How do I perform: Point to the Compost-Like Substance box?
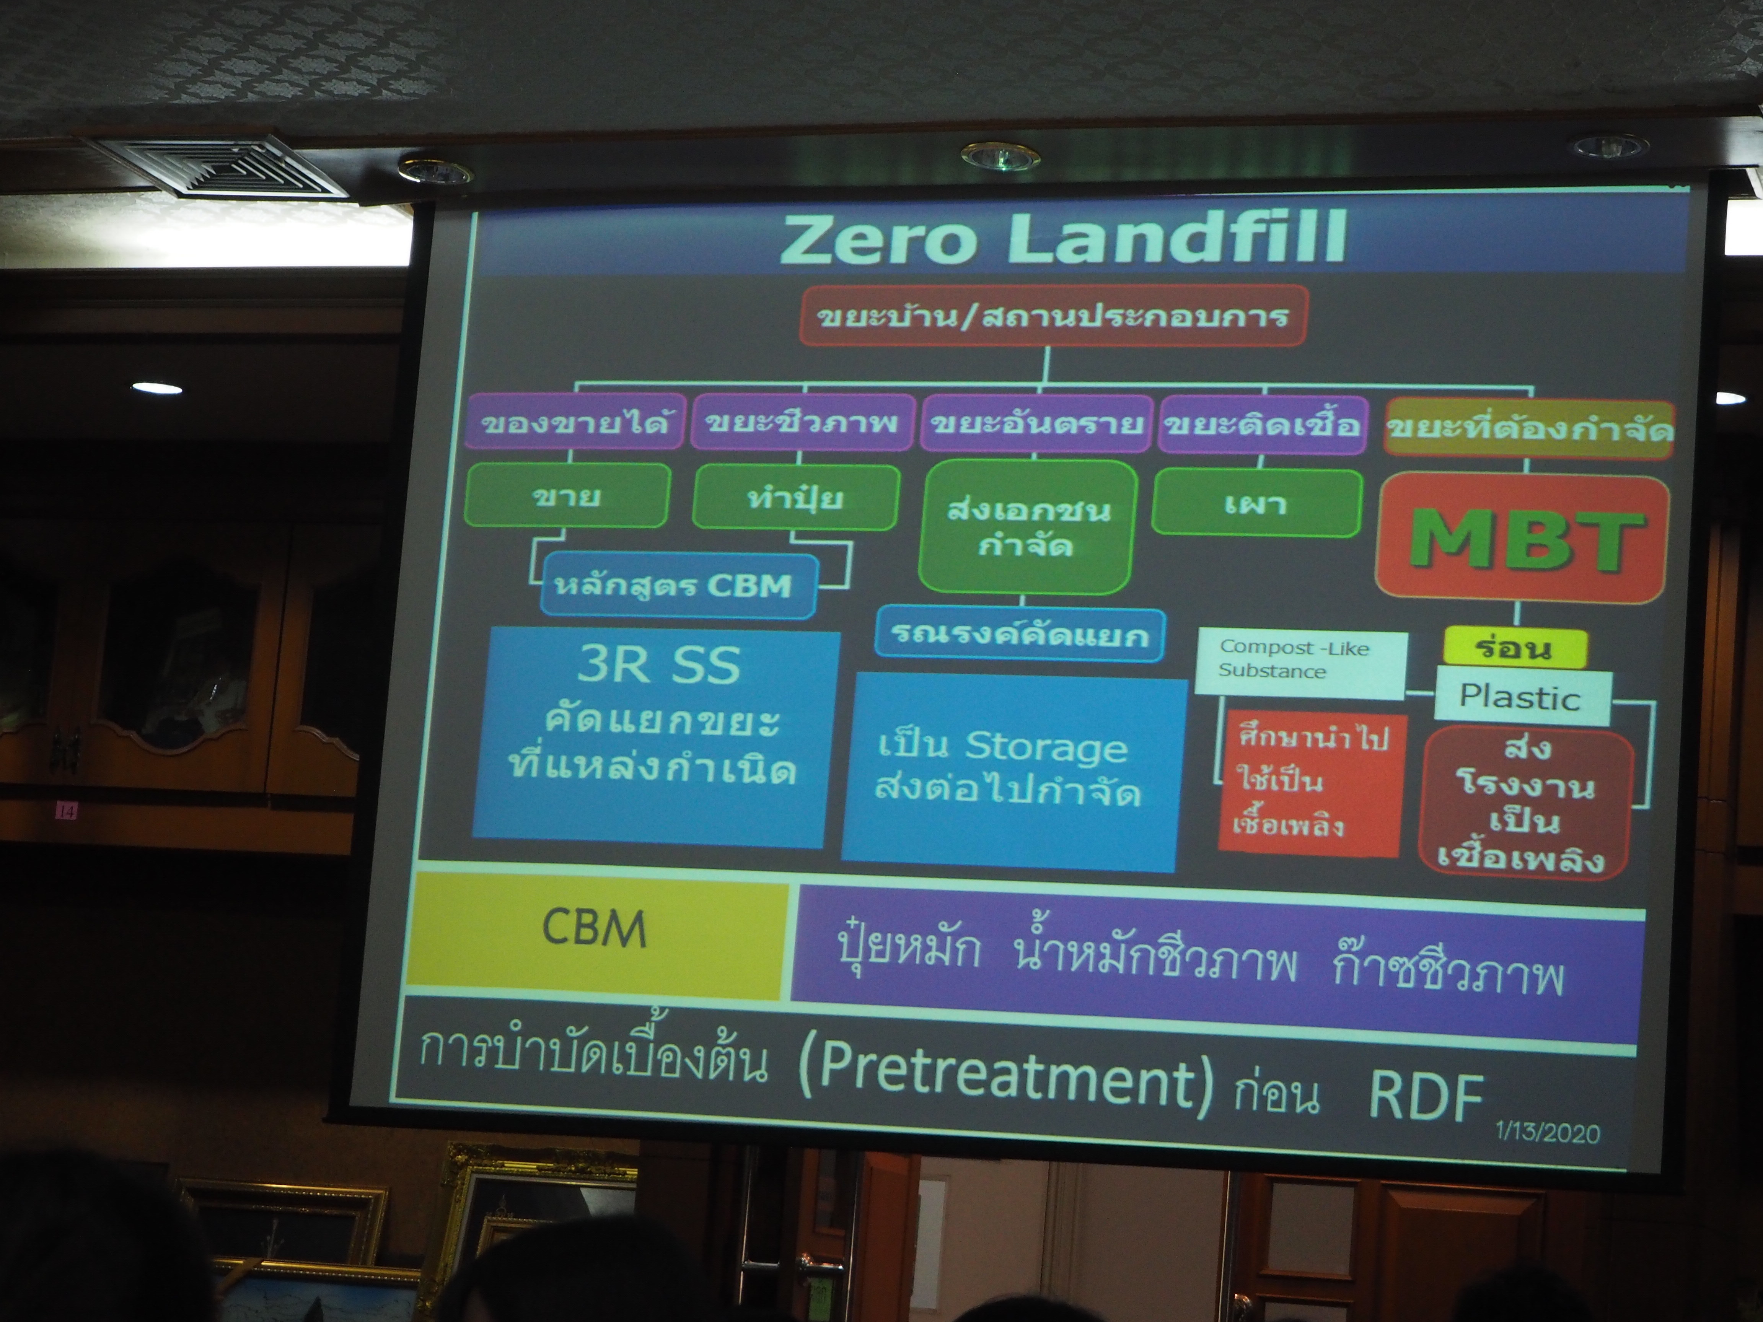click(x=1300, y=664)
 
